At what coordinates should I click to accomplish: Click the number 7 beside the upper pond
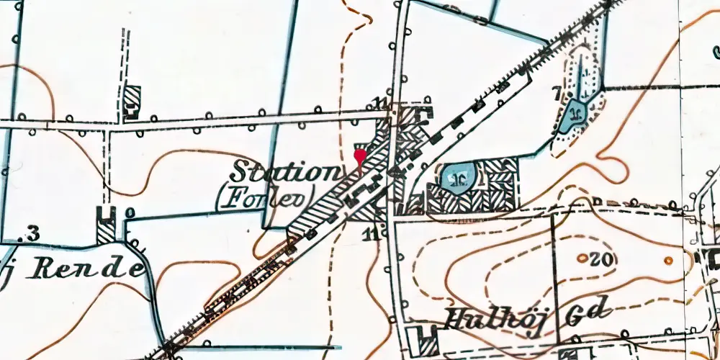pos(556,91)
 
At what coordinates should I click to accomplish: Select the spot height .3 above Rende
pos(30,232)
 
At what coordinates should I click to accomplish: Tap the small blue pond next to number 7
pos(575,114)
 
